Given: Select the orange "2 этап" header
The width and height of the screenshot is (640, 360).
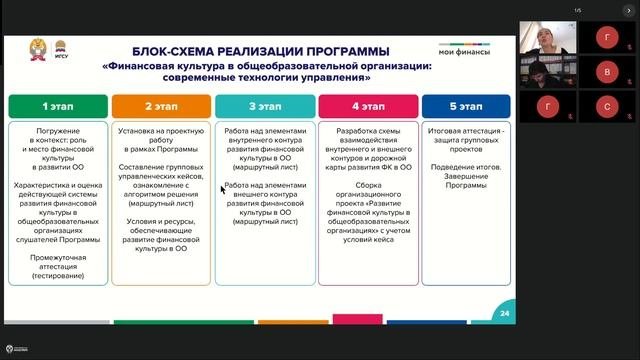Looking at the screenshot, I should pyautogui.click(x=160, y=105).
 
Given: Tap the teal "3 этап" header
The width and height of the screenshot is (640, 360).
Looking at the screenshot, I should pyautogui.click(x=264, y=105).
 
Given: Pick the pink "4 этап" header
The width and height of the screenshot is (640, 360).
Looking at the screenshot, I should pyautogui.click(x=367, y=105).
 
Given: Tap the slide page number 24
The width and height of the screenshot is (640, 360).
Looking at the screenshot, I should pyautogui.click(x=503, y=314).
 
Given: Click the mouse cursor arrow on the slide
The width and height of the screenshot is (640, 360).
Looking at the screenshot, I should pyautogui.click(x=223, y=188).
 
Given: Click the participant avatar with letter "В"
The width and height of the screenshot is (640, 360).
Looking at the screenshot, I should pyautogui.click(x=608, y=72).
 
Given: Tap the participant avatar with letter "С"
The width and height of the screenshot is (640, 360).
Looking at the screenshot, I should pyautogui.click(x=608, y=105).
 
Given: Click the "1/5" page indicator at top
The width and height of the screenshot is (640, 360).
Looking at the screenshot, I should pyautogui.click(x=578, y=10).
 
